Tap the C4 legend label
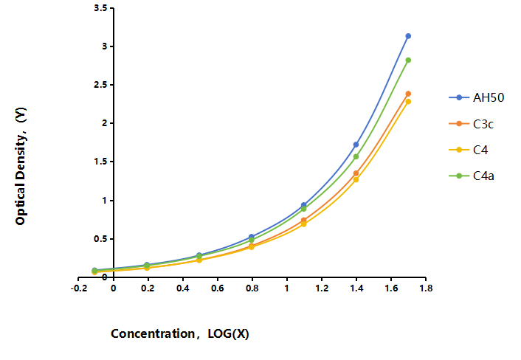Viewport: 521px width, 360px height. pyautogui.click(x=480, y=150)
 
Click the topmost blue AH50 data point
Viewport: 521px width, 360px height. pyautogui.click(x=408, y=36)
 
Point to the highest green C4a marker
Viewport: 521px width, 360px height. pyautogui.click(x=408, y=60)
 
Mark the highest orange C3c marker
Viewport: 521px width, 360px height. pyautogui.click(x=408, y=94)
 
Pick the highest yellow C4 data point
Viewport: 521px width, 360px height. pyautogui.click(x=408, y=101)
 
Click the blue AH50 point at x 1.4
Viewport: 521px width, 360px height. pyautogui.click(x=356, y=145)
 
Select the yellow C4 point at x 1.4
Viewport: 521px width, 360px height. pyautogui.click(x=356, y=180)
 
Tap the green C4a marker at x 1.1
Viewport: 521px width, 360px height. pyautogui.click(x=304, y=209)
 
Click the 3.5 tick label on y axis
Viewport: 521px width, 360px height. pyautogui.click(x=100, y=8)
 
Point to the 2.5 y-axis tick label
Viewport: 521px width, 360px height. pyautogui.click(x=100, y=85)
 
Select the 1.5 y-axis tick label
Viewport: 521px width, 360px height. pyautogui.click(x=100, y=162)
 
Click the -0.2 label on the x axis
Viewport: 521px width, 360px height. pyautogui.click(x=79, y=288)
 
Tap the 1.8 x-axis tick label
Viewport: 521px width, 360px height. pyautogui.click(x=426, y=288)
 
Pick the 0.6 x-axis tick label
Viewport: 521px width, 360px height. pyautogui.click(x=217, y=288)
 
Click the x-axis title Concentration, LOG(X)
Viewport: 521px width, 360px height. pyautogui.click(x=180, y=333)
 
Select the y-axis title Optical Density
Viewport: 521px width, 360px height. pyautogui.click(x=21, y=167)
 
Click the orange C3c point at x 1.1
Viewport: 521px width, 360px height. pyautogui.click(x=304, y=220)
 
